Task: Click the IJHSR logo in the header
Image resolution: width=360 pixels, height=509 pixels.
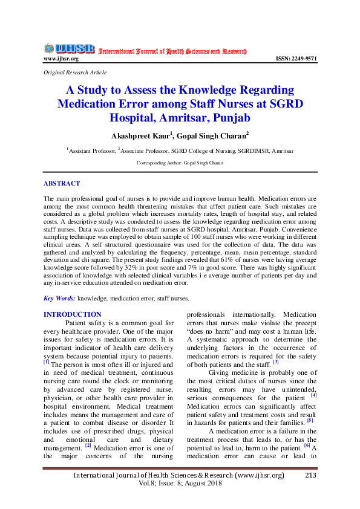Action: point(69,48)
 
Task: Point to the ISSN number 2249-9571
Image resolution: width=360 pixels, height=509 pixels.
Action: point(296,59)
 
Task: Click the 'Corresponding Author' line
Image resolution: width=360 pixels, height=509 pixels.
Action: point(180,163)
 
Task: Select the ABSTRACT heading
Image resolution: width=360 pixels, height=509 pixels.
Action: point(62,183)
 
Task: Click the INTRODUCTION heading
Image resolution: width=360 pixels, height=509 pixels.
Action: point(73,314)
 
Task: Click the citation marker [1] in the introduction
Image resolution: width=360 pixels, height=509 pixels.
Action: point(47,362)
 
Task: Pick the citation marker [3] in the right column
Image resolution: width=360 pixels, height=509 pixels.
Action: point(275,362)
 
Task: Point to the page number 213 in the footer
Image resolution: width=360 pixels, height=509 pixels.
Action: point(311,475)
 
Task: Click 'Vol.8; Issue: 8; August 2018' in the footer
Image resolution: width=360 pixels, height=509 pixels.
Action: point(180,484)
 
